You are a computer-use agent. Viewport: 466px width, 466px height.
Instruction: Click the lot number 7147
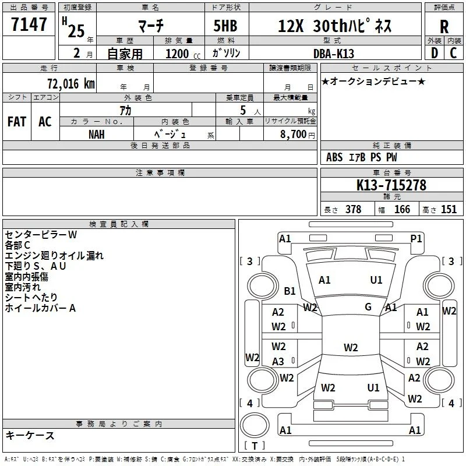(29, 24)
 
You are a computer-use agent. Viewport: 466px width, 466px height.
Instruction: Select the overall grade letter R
(444, 27)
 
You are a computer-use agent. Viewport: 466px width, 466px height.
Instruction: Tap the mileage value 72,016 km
(71, 83)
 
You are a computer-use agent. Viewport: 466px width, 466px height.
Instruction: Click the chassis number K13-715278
(391, 185)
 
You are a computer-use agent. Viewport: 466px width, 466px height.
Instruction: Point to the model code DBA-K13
(334, 54)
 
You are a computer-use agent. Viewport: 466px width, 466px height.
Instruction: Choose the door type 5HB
(225, 26)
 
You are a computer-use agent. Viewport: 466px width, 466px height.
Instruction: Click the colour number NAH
(97, 135)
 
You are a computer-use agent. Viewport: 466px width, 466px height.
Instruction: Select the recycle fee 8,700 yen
(298, 135)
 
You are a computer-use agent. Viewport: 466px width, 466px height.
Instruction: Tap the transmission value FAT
(17, 122)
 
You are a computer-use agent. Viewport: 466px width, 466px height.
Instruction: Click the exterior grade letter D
(435, 53)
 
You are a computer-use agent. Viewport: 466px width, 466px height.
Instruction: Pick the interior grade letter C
(453, 53)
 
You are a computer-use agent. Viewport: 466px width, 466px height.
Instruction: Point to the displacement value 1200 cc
(183, 54)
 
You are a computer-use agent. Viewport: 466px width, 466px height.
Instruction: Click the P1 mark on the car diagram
(416, 239)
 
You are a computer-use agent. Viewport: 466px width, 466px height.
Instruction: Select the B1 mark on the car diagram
(290, 291)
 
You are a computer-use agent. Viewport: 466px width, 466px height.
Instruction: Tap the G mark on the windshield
(368, 307)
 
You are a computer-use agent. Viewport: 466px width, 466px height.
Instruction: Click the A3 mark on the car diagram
(278, 362)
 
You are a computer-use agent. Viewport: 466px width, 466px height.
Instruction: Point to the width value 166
(402, 209)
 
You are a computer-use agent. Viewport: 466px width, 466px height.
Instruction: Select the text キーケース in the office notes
(30, 435)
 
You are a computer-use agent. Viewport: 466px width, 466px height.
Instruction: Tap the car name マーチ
(151, 26)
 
